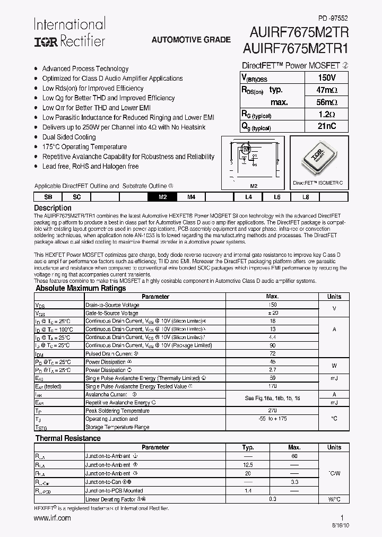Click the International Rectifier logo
[70, 32]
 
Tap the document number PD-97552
[333, 18]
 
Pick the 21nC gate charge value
[326, 126]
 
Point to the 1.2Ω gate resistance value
[326, 115]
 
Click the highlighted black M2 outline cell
[163, 197]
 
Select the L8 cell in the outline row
[305, 197]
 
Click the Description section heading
[53, 208]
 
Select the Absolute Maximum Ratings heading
[81, 288]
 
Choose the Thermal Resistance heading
[68, 438]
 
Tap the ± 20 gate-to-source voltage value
[272, 313]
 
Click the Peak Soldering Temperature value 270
[272, 411]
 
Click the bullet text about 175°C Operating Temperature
[84, 146]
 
